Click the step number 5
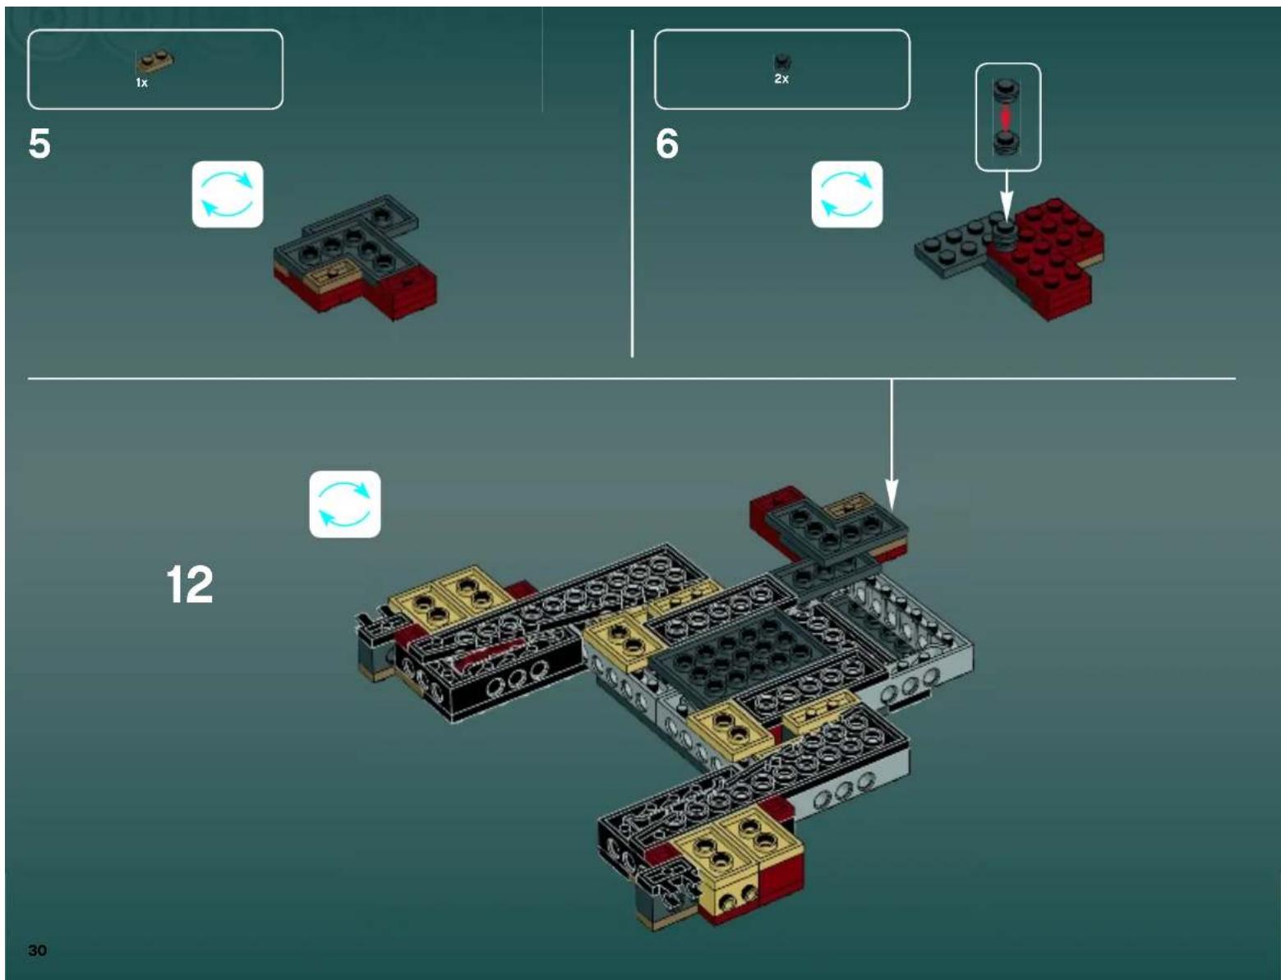click(x=39, y=144)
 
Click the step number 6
click(x=666, y=144)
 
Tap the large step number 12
click(x=190, y=584)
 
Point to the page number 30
click(x=37, y=950)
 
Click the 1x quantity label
click(x=142, y=83)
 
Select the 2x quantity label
click(x=781, y=79)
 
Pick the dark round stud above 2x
click(x=781, y=62)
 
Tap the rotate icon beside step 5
click(x=228, y=194)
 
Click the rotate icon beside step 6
click(x=846, y=194)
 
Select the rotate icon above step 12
click(x=344, y=504)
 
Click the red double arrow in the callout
click(x=1006, y=117)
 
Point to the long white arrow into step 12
click(x=892, y=444)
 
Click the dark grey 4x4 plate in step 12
click(x=723, y=649)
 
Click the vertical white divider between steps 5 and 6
click(x=632, y=193)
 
